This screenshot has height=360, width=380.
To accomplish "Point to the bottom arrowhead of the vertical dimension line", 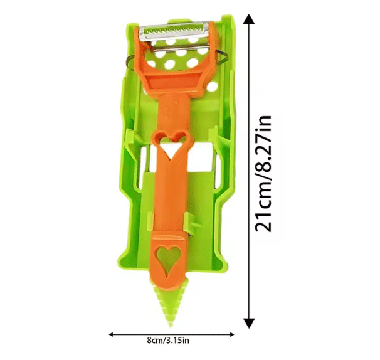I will click(249, 322).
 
